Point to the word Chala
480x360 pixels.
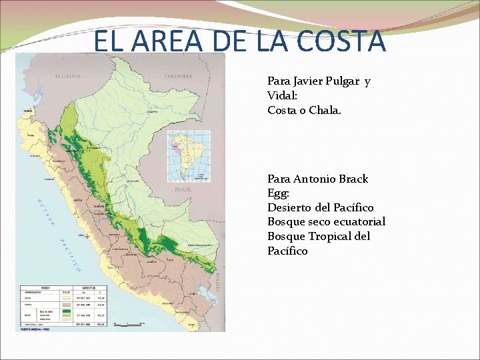click(x=325, y=110)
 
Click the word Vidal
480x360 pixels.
click(x=282, y=95)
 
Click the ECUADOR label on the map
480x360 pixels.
click(x=68, y=76)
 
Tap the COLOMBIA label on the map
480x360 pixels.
click(x=178, y=76)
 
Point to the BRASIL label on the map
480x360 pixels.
click(x=183, y=189)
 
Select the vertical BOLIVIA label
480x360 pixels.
click(x=217, y=281)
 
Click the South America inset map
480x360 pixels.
click(x=188, y=155)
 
